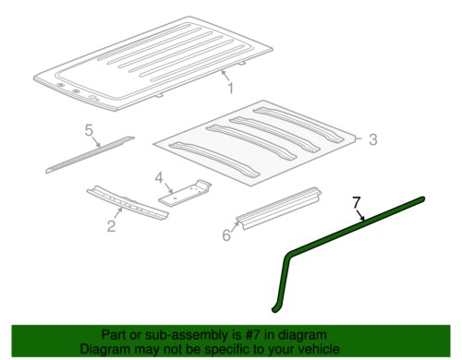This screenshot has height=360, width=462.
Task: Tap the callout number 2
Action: (110, 224)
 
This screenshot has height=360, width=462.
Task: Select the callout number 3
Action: (371, 139)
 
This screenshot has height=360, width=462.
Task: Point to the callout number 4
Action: (158, 177)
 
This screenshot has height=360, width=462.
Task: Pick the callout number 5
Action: (90, 129)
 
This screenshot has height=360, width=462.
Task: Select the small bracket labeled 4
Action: (185, 195)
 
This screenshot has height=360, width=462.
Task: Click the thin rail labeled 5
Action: (88, 155)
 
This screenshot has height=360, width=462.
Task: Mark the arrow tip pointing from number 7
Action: (369, 221)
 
